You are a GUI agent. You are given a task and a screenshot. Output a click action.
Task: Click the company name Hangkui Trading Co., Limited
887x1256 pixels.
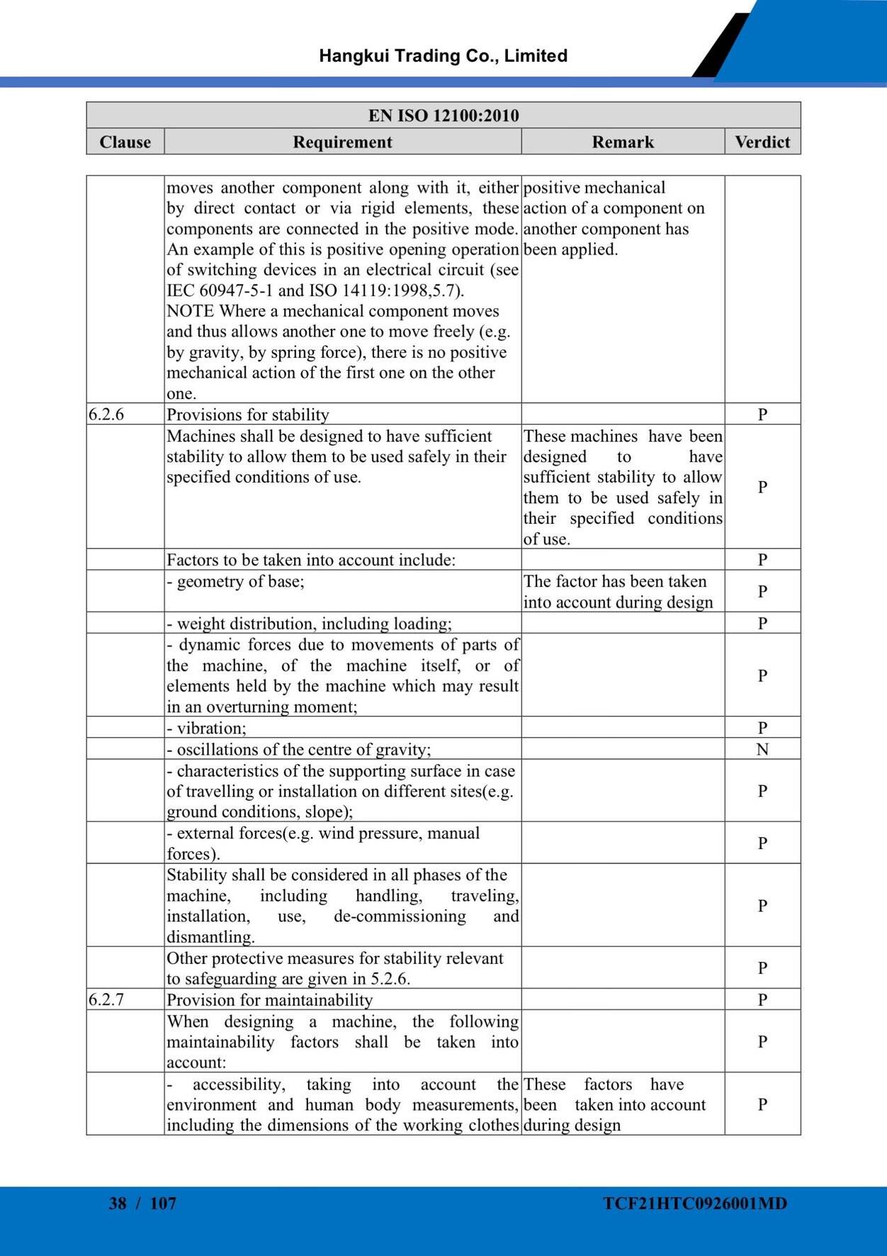pos(443,56)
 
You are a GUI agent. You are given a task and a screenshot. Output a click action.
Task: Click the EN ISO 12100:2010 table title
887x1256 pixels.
pos(443,116)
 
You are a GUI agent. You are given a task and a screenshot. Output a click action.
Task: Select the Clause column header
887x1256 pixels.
pos(125,142)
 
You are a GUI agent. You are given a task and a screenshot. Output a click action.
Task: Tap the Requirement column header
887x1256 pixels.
pos(342,142)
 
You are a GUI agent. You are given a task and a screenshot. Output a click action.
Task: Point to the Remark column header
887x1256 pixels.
pos(623,142)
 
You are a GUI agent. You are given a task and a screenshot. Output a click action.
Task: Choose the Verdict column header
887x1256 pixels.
pos(762,142)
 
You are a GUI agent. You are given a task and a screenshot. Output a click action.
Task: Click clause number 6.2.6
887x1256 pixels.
pos(106,414)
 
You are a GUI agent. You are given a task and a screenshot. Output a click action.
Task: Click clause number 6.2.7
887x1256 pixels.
pos(106,999)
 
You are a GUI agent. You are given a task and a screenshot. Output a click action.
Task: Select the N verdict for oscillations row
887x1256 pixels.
pos(762,749)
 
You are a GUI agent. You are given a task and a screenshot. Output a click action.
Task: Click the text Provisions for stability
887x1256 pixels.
pos(248,415)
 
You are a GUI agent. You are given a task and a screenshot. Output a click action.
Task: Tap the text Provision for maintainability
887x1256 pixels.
pos(269,1000)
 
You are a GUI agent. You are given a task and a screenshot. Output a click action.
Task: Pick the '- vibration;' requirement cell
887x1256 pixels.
pos(207,728)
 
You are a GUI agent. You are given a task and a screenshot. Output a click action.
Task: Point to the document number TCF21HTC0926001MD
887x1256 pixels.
pos(695,1203)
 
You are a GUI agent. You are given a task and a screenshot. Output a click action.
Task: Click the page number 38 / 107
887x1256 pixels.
pos(142,1203)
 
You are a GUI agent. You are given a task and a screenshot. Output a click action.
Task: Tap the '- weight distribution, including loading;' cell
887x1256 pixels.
pos(309,624)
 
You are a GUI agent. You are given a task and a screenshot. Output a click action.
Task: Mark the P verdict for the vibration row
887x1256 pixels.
pos(762,728)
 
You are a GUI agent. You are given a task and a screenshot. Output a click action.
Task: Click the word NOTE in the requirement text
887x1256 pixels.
pos(191,311)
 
